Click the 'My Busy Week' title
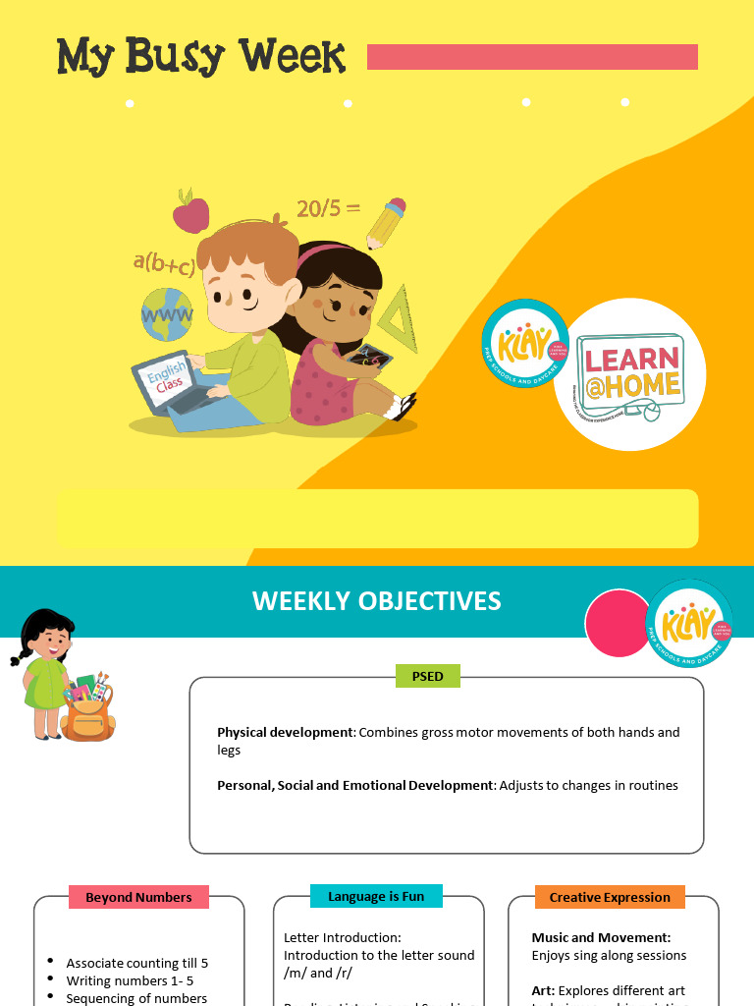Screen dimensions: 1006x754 [x=201, y=57]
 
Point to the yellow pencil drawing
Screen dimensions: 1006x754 [x=386, y=223]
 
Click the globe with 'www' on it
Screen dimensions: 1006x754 [x=167, y=313]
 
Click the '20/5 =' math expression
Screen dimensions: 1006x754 [x=328, y=208]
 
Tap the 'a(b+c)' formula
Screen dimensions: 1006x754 [x=164, y=263]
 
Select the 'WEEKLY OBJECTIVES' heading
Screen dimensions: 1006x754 [x=376, y=601]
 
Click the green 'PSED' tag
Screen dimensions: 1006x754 [x=427, y=676]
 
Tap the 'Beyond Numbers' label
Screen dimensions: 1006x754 [x=138, y=897]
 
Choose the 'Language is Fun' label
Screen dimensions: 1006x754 [x=376, y=896]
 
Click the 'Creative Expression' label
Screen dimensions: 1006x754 [x=609, y=897]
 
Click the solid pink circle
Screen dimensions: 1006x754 [x=619, y=624]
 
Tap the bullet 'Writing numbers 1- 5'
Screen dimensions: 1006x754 [x=136, y=980]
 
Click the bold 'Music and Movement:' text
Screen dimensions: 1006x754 [x=601, y=938]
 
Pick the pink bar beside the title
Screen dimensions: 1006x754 [x=532, y=57]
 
